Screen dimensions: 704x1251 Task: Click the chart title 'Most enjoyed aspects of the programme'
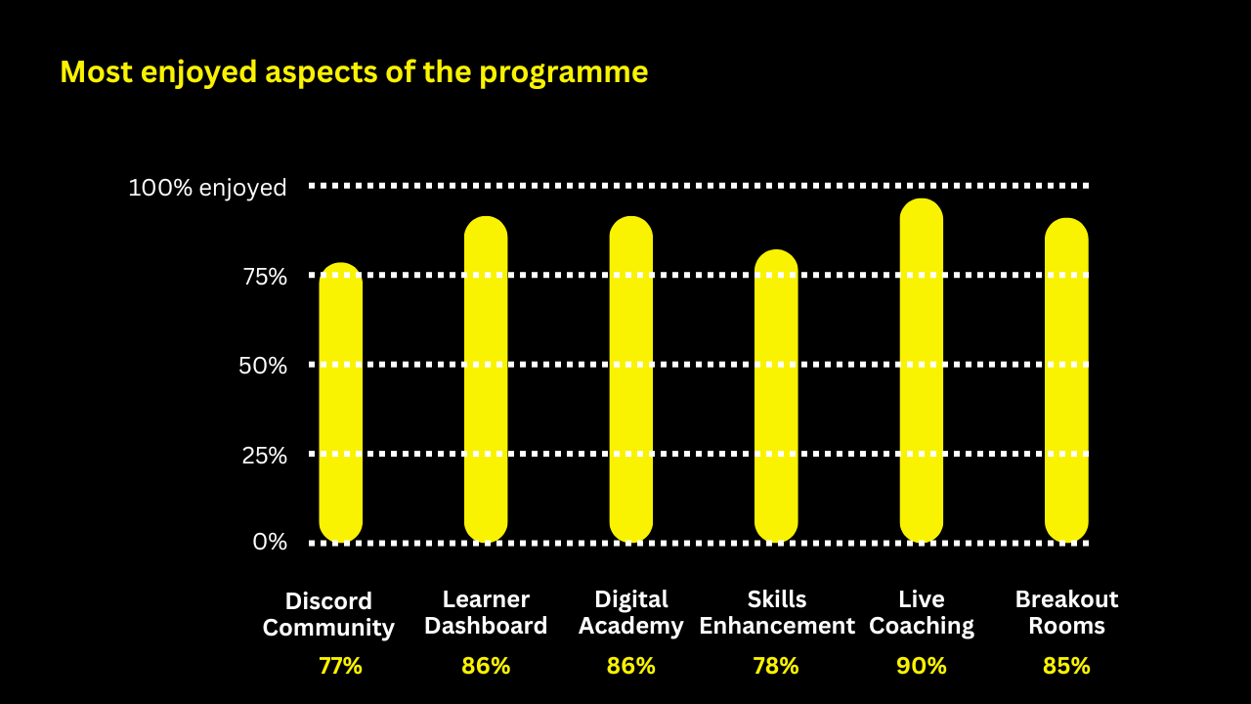(354, 72)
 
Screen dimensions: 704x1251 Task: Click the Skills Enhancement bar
(776, 396)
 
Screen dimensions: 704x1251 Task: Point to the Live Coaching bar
(922, 371)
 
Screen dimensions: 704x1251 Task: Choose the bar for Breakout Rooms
(1066, 380)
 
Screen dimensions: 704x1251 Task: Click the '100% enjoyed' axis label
(207, 188)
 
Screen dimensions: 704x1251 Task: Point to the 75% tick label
(265, 277)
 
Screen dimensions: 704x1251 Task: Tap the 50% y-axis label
(264, 366)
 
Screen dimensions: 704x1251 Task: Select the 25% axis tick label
(265, 456)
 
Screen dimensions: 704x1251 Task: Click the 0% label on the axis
(270, 542)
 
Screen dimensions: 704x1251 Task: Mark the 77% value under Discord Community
(340, 666)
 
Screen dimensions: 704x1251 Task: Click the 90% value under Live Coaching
(922, 666)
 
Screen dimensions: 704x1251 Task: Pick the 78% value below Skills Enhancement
(776, 666)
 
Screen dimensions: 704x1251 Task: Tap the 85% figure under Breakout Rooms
(1066, 666)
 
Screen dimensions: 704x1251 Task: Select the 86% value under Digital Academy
(631, 666)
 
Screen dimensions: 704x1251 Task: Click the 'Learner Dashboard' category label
(486, 612)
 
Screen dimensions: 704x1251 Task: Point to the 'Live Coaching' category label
(922, 612)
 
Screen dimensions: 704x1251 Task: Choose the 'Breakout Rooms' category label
(1066, 612)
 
